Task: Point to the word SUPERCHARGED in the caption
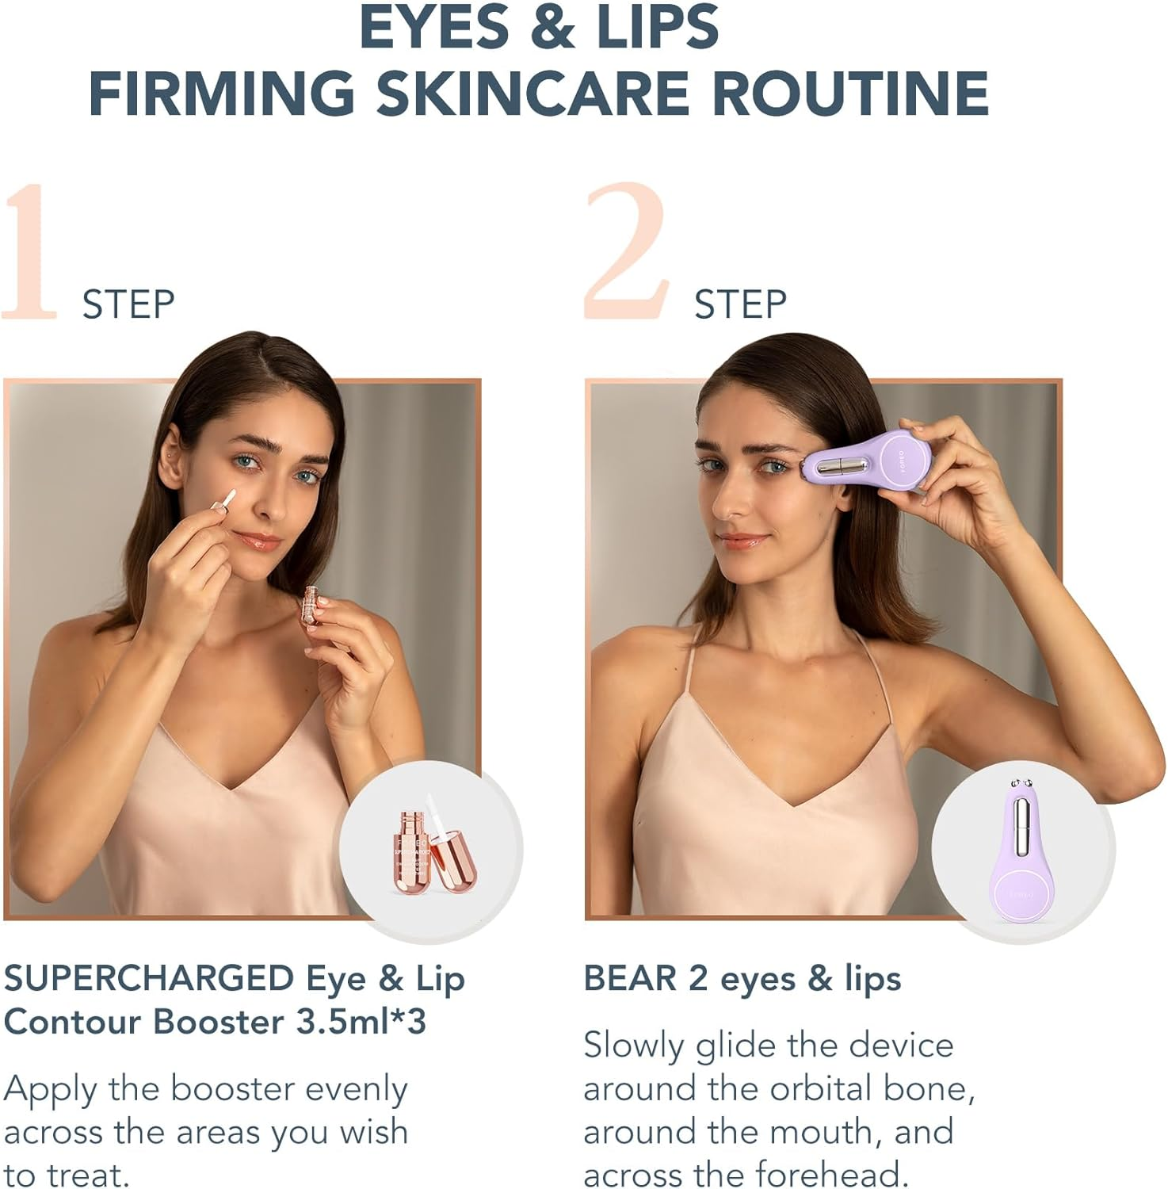click(149, 979)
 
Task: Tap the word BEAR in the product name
click(630, 979)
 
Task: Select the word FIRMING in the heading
click(223, 94)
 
